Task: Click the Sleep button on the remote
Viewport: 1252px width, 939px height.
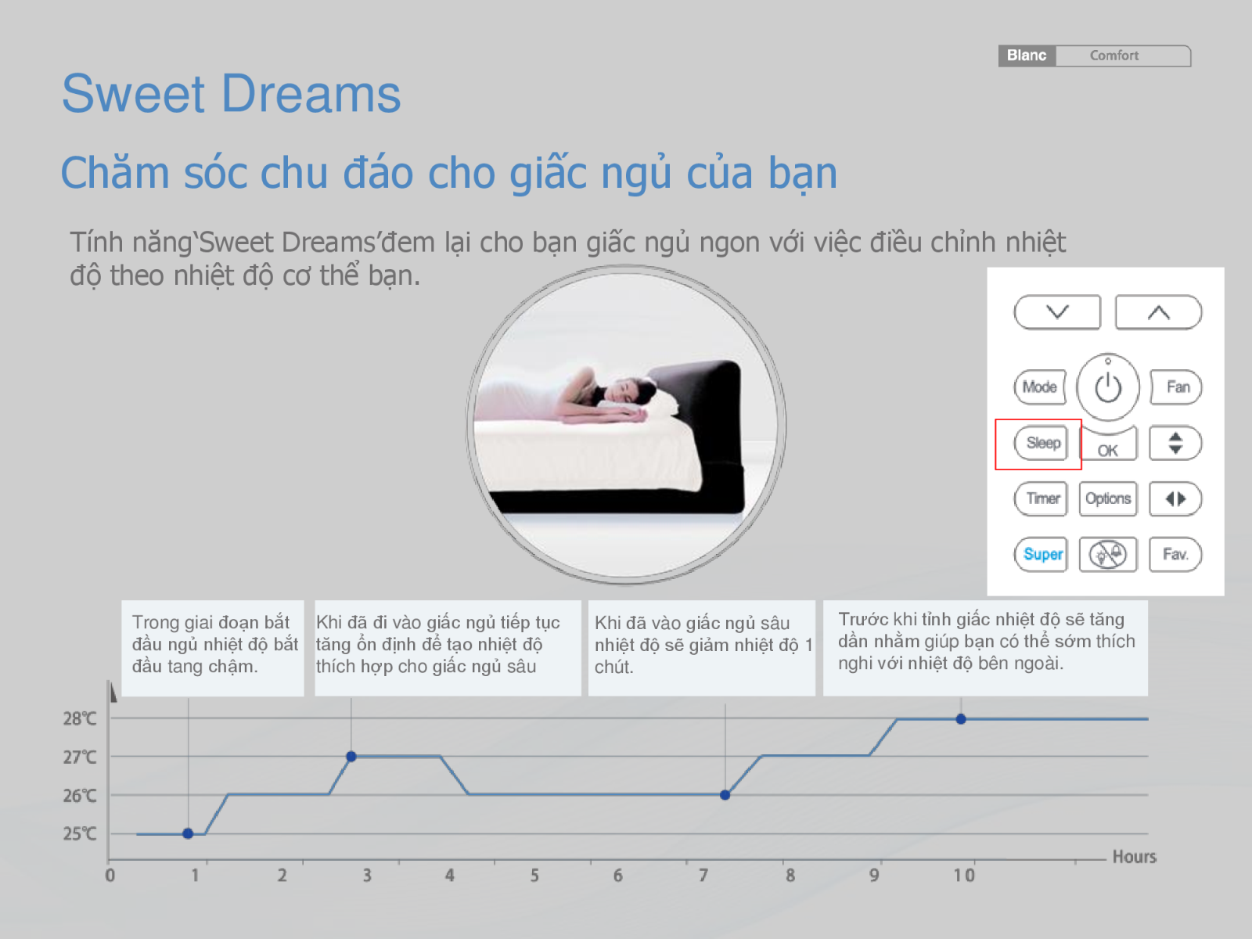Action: click(x=1041, y=443)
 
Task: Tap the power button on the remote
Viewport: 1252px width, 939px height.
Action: click(x=1108, y=387)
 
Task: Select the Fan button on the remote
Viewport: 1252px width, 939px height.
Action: click(x=1176, y=387)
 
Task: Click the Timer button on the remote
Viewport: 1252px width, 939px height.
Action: click(x=1041, y=499)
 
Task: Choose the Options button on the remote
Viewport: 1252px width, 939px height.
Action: click(x=1108, y=499)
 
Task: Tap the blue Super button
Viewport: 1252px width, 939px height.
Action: click(x=1041, y=554)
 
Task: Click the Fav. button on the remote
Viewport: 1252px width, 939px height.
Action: click(x=1175, y=554)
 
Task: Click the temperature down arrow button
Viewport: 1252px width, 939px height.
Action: click(x=1057, y=312)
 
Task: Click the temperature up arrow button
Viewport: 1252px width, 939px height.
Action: click(x=1158, y=312)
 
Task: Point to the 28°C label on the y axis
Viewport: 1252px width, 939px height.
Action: click(x=80, y=718)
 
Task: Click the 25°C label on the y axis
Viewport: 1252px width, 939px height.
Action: click(x=80, y=833)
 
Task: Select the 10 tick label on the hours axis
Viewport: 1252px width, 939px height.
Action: click(x=965, y=875)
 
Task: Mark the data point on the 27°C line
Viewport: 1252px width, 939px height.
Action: click(x=351, y=757)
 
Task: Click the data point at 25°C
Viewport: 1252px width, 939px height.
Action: click(x=188, y=833)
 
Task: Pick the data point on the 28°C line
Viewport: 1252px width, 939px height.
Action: click(x=961, y=719)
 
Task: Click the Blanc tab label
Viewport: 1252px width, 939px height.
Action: click(x=1027, y=56)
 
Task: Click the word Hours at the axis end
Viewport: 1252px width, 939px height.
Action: click(x=1135, y=856)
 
